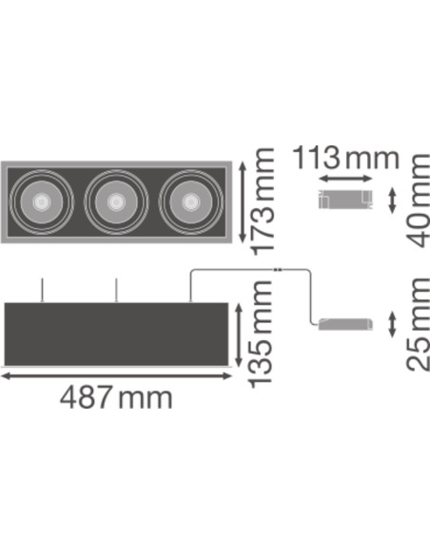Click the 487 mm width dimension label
point(116,396)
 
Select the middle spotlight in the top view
point(114,201)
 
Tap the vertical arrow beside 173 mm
point(244,202)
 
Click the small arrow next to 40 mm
point(395,201)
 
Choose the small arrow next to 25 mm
point(395,322)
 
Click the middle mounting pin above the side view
point(115,290)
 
